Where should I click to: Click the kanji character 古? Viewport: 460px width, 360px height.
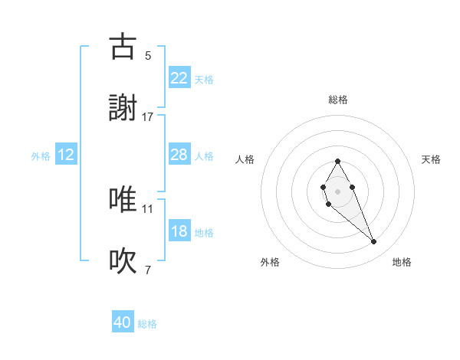coord(123,47)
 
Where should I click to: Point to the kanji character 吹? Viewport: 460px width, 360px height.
coord(123,261)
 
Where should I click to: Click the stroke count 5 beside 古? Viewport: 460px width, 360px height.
coord(148,55)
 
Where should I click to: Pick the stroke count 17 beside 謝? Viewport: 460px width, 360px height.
coord(148,116)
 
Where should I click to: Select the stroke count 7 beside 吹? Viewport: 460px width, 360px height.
coord(148,270)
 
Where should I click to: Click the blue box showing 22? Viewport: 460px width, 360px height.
coord(179,78)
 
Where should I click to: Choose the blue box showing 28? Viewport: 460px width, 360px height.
coord(179,155)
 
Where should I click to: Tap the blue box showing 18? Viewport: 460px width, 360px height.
coord(179,231)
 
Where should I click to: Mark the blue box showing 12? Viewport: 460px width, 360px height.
coord(66,155)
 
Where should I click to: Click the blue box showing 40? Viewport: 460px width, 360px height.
coord(123,323)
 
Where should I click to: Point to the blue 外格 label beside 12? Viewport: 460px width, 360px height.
coord(41,156)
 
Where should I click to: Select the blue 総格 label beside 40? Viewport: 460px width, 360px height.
coord(147,325)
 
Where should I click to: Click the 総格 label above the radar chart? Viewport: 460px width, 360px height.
coord(337,100)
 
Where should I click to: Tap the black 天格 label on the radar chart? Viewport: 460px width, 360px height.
coord(431,159)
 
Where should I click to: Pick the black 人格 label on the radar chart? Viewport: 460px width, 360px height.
coord(245,159)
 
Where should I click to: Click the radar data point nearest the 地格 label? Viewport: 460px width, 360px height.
coord(374,242)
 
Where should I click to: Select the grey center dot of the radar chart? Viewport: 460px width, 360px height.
coord(337,190)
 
